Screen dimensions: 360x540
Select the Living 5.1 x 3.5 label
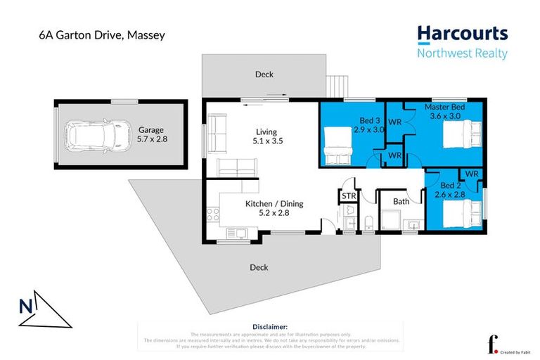tap(266, 136)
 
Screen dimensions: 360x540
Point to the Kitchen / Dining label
tap(274, 208)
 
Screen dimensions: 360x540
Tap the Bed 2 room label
tap(449, 190)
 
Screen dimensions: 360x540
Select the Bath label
tap(401, 202)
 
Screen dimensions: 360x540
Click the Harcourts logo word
tap(461, 34)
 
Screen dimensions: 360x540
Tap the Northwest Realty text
tap(461, 53)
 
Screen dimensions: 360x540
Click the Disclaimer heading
tap(270, 327)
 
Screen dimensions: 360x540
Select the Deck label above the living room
tap(264, 74)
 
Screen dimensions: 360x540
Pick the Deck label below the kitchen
tap(259, 267)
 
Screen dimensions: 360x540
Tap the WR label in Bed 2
tap(471, 173)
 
